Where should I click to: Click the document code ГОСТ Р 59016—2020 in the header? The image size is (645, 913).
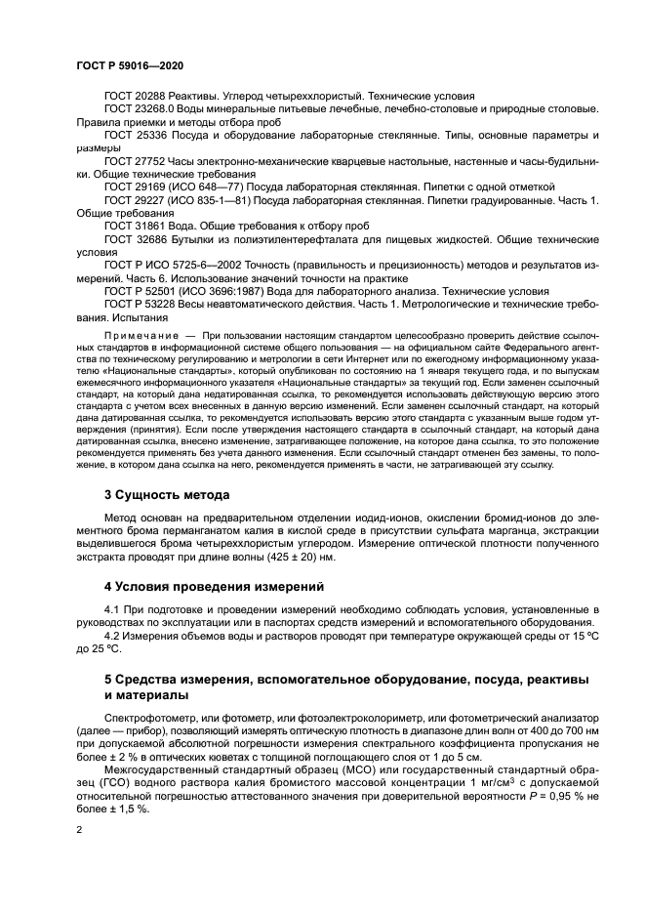(x=129, y=64)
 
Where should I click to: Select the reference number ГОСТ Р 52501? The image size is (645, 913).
(x=141, y=291)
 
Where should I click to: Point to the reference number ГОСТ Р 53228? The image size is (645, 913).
(x=141, y=304)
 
